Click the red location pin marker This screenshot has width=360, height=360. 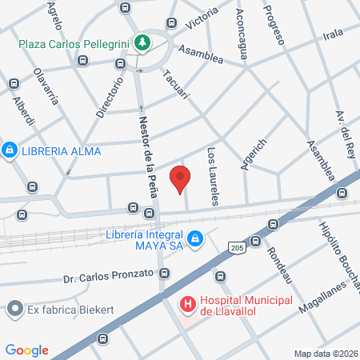(x=180, y=178)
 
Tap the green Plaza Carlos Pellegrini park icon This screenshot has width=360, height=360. (x=142, y=42)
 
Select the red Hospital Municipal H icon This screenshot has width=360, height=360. (x=187, y=304)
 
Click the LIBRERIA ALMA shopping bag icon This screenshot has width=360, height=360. (x=10, y=150)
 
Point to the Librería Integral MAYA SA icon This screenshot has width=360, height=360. (x=195, y=238)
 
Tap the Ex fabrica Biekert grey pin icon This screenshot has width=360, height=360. (x=14, y=308)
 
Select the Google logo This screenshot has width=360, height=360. (x=27, y=350)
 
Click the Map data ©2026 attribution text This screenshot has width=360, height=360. (x=323, y=353)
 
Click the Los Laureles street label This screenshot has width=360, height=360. (x=213, y=176)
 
